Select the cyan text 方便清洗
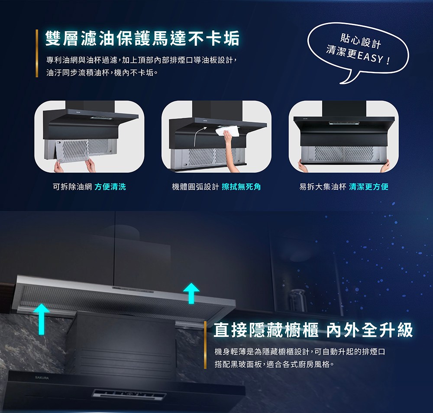110,187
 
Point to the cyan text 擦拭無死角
241,187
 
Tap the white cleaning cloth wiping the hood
226,131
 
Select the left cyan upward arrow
41,318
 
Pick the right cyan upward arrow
190,293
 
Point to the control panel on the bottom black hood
129,394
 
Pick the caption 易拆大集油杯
323,187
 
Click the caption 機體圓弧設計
195,187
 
